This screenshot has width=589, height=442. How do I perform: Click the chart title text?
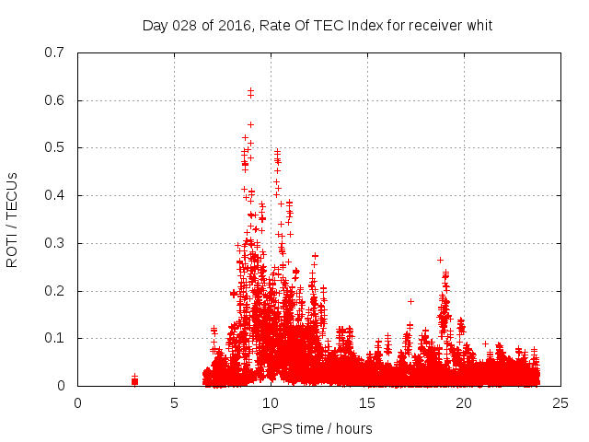(x=318, y=25)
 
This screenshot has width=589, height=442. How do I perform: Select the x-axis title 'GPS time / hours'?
(x=318, y=428)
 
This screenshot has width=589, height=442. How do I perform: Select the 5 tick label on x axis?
(x=174, y=402)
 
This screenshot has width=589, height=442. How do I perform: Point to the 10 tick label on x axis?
(x=271, y=402)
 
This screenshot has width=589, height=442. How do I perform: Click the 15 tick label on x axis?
(x=367, y=402)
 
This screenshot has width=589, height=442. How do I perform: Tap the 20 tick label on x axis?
(x=464, y=402)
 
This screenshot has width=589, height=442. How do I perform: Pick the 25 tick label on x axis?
(x=560, y=402)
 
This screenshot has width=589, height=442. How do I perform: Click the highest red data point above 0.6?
(x=250, y=91)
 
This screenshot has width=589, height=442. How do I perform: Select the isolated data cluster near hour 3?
(x=134, y=380)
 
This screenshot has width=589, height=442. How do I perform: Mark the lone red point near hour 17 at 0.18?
(x=410, y=301)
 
